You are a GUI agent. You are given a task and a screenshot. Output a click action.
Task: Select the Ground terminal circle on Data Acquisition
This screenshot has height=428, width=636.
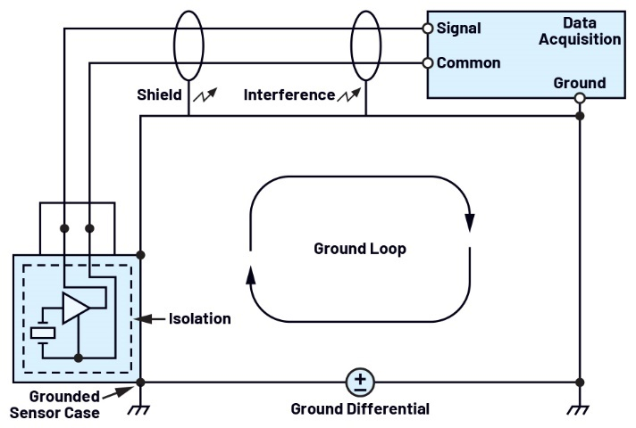click(x=580, y=98)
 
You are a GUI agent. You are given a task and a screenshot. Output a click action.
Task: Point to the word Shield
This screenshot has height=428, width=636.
click(x=160, y=95)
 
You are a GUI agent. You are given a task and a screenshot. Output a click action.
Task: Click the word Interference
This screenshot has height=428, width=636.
click(x=289, y=95)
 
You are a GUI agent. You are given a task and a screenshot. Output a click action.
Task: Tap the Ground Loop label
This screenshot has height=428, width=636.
click(x=359, y=249)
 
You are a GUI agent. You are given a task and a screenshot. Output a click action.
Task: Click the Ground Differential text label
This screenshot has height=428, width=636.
click(x=360, y=409)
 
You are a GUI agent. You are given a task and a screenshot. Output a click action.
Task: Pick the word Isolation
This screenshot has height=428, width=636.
click(x=201, y=318)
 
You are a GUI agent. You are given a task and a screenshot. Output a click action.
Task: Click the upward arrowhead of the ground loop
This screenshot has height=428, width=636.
click(x=250, y=276)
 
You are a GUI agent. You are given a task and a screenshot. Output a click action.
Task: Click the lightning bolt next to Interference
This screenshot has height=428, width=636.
click(x=349, y=94)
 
